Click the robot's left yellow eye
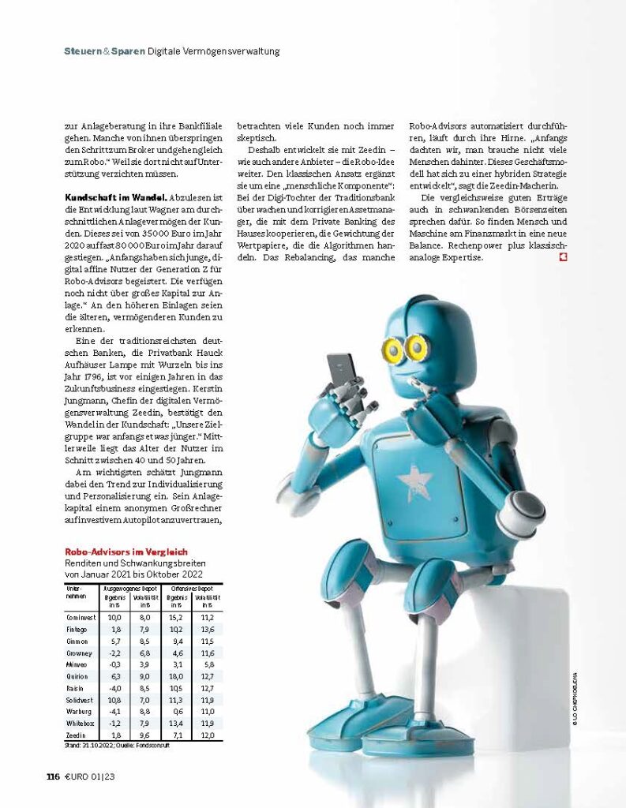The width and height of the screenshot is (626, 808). pyautogui.click(x=392, y=347)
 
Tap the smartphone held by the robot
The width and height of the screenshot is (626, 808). pyautogui.click(x=343, y=379)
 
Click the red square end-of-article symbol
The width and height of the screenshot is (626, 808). pyautogui.click(x=563, y=257)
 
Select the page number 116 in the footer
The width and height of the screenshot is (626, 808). pyautogui.click(x=53, y=776)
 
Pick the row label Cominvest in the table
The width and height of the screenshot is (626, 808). pyautogui.click(x=80, y=616)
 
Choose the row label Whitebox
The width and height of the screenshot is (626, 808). pyautogui.click(x=80, y=723)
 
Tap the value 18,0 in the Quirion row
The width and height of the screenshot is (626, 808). pyautogui.click(x=176, y=675)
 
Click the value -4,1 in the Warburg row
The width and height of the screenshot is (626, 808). pyautogui.click(x=114, y=711)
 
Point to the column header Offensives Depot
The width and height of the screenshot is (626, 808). pyautogui.click(x=193, y=589)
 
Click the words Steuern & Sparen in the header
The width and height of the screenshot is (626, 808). pyautogui.click(x=104, y=51)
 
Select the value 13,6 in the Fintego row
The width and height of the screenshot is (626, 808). pyautogui.click(x=208, y=628)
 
